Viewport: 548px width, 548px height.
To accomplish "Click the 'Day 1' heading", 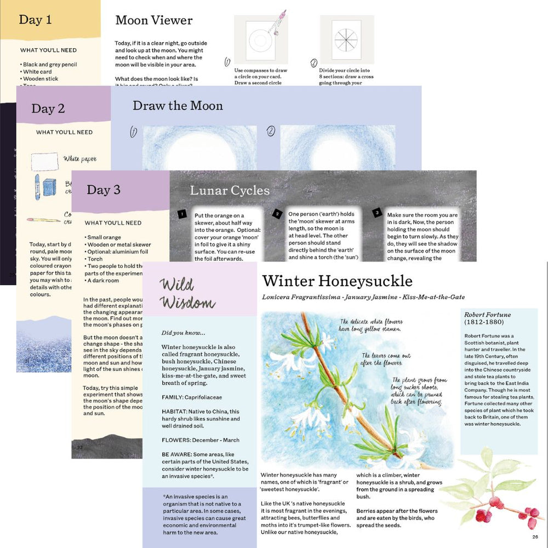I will pyautogui.click(x=35, y=20).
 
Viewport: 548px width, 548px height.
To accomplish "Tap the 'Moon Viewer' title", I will pyautogui.click(x=154, y=20).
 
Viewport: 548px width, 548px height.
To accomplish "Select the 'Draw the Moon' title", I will pyautogui.click(x=178, y=106).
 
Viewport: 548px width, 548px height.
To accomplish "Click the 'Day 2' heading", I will pyautogui.click(x=48, y=109).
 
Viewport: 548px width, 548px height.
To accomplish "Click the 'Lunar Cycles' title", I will pyautogui.click(x=230, y=191).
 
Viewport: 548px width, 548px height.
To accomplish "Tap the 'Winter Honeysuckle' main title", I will pyautogui.click(x=337, y=281).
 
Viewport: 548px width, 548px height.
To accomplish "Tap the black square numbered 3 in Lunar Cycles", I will pyautogui.click(x=377, y=213).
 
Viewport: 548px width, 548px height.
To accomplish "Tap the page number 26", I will pyautogui.click(x=535, y=537).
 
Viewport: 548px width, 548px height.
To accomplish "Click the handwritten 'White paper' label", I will pyautogui.click(x=79, y=159).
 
